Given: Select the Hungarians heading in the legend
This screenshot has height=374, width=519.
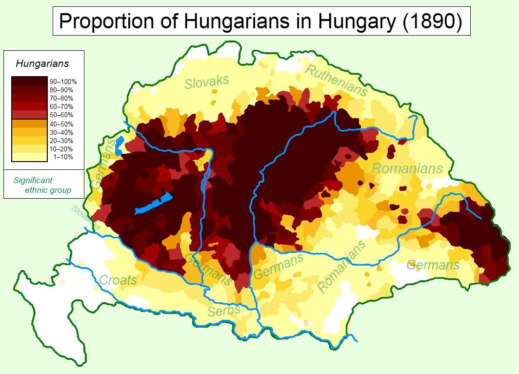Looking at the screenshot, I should point(42,63).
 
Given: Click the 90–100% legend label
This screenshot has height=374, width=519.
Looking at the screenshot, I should point(63,82).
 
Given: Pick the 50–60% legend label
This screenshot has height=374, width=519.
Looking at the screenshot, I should point(61,115).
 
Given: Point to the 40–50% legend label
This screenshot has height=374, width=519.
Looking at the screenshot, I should point(61,124).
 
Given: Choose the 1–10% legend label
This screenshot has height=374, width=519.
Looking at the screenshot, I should point(63,157).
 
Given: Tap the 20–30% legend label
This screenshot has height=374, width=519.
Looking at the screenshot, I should point(61,141).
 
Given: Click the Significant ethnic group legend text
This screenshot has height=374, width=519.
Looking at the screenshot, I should point(42,185).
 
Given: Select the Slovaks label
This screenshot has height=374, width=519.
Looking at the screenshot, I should point(206,82).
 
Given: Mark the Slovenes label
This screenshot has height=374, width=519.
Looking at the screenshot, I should point(86,217).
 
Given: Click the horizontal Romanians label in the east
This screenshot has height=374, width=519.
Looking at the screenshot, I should point(407,169).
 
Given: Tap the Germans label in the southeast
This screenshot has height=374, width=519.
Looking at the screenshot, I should point(433,265).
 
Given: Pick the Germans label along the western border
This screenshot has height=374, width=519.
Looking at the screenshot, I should point(103,164).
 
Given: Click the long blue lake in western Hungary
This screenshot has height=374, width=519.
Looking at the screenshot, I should point(154,204).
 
